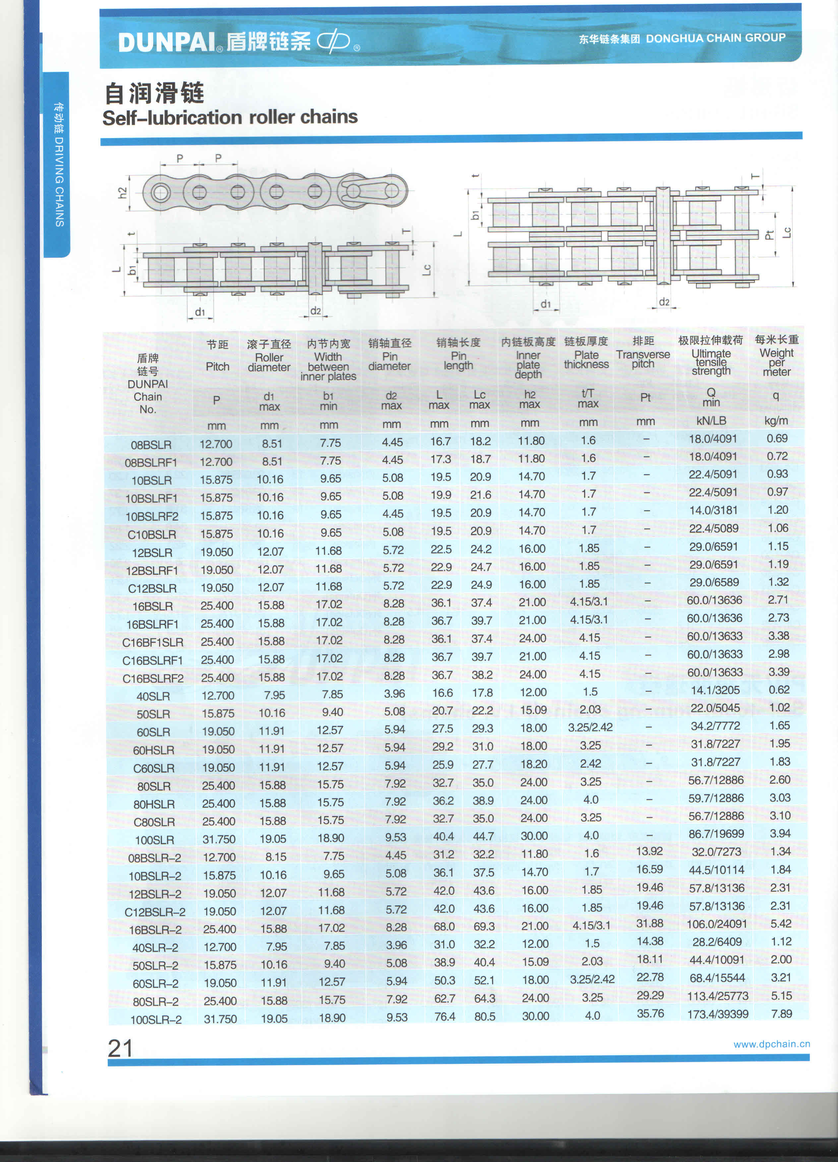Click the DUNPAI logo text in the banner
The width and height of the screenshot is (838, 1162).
pos(166,42)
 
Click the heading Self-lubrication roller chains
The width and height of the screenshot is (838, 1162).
pos(230,117)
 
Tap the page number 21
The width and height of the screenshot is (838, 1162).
pos(120,1048)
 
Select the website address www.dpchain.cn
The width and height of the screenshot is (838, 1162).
pos(771,1044)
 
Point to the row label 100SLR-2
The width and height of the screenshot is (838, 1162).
pos(156,1019)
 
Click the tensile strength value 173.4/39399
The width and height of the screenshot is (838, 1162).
pos(718,1014)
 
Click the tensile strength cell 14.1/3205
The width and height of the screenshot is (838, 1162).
pos(715,690)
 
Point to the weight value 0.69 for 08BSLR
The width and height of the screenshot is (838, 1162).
pos(777,438)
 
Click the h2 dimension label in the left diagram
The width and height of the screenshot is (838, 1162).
pos(122,193)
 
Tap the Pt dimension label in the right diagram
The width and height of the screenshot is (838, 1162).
pos(769,235)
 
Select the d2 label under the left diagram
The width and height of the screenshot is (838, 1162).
pos(315,311)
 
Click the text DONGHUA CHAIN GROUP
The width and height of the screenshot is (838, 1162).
pos(715,38)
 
